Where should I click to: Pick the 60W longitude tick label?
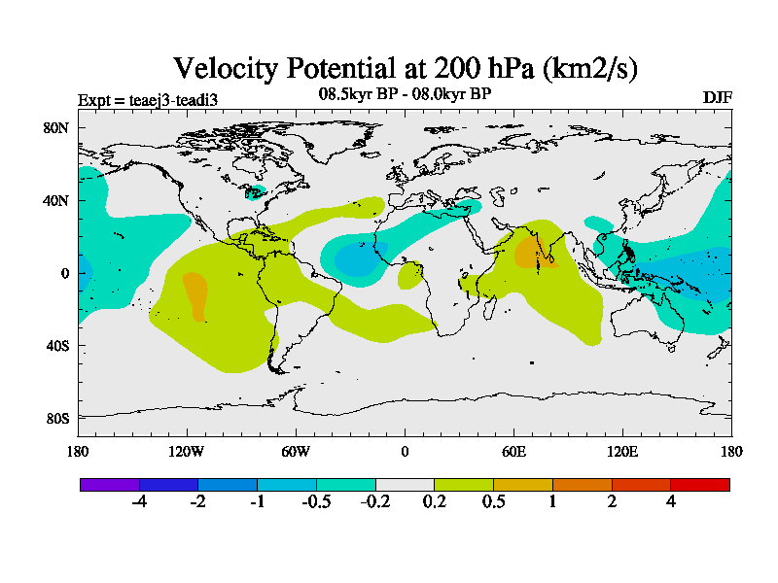point(296,451)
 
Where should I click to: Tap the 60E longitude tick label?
point(513,451)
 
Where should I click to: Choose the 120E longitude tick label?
point(622,451)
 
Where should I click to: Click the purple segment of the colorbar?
point(110,484)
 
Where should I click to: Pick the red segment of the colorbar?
point(700,484)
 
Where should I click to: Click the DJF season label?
point(717,97)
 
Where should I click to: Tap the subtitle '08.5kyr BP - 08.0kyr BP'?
point(405,94)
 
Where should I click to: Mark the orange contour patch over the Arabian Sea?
point(529,252)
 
